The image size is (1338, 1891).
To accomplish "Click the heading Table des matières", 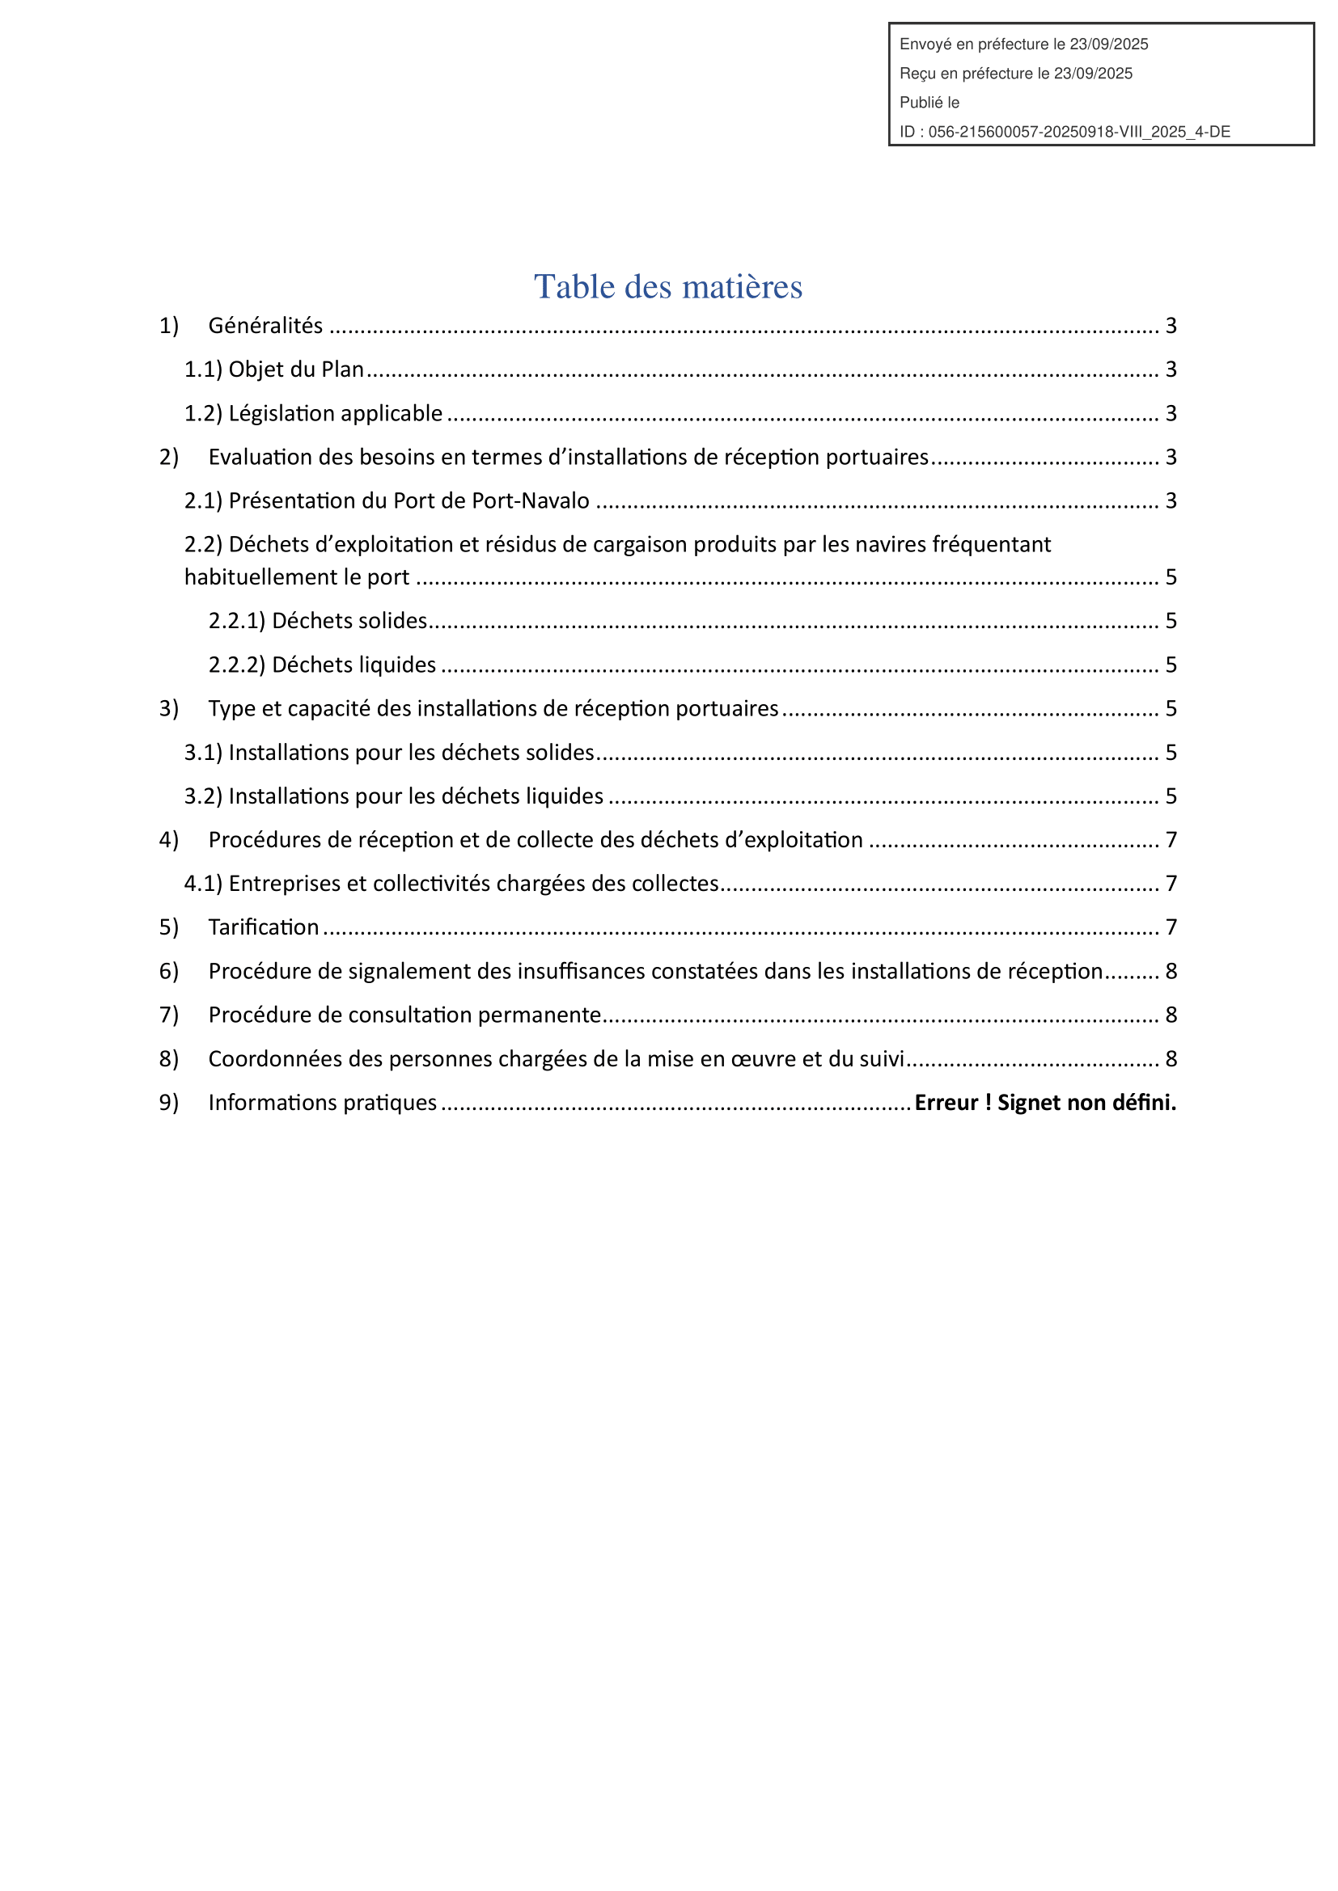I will click(667, 287).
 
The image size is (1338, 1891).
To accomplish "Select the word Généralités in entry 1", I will click(265, 326).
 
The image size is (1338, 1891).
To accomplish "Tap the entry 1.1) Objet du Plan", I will click(273, 369).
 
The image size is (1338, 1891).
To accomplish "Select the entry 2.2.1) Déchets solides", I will click(318, 621).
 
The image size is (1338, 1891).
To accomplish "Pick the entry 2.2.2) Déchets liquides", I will click(322, 665).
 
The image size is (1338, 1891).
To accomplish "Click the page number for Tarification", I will click(1171, 927).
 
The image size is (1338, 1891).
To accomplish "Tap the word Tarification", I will click(264, 927).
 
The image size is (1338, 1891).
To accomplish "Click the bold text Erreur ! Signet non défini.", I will click(1044, 1103).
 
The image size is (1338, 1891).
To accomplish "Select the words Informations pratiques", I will click(322, 1103).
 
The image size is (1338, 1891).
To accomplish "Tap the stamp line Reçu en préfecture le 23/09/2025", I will click(1015, 74).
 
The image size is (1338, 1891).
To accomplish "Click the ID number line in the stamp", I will click(1065, 132).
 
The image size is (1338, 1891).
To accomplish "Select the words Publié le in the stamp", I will click(929, 103).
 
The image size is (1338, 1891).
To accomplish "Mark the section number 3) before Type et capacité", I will click(169, 709).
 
